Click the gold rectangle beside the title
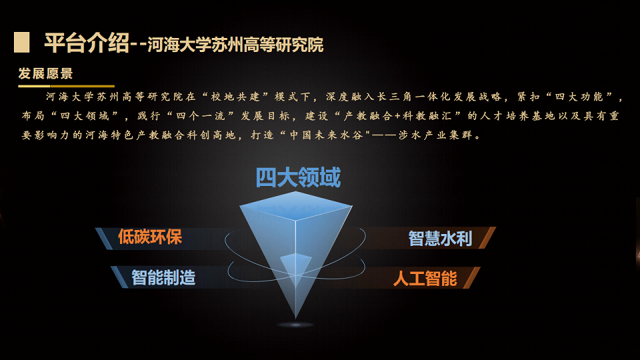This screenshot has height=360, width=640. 21,43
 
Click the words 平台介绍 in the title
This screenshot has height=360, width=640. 86,43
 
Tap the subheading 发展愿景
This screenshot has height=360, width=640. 45,74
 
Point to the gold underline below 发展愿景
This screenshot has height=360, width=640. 66,86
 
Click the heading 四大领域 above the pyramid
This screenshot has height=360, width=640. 298,178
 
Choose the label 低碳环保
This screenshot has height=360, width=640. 149,237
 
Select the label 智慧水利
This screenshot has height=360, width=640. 440,238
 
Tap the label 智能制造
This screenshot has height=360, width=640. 163,277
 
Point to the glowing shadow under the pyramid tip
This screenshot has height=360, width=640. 295,325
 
